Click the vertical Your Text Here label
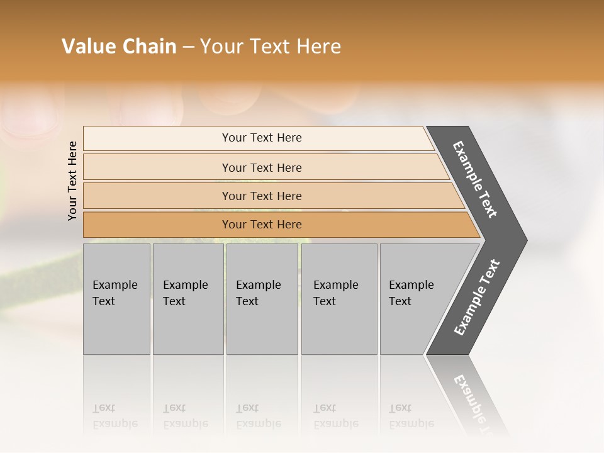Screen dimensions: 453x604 pyautogui.click(x=72, y=181)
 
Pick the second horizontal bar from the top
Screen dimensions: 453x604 pyautogui.click(x=262, y=167)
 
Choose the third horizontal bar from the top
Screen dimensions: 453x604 pyautogui.click(x=262, y=196)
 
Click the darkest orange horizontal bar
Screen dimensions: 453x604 pyautogui.click(x=262, y=225)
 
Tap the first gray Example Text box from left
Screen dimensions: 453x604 pyautogui.click(x=116, y=299)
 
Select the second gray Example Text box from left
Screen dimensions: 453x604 pyautogui.click(x=187, y=299)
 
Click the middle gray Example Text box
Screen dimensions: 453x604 pyautogui.click(x=262, y=299)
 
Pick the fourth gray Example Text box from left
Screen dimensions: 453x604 pyautogui.click(x=338, y=299)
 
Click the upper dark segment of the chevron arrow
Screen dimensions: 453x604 pyautogui.click(x=476, y=179)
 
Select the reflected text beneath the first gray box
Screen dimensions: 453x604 pyautogui.click(x=115, y=416)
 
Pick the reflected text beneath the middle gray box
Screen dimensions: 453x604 pyautogui.click(x=258, y=416)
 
